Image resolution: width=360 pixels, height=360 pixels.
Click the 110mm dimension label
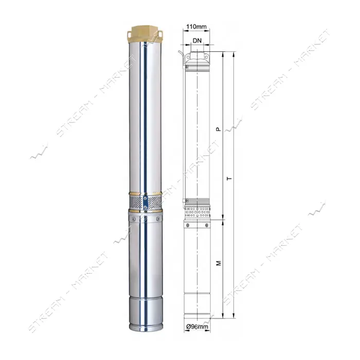coord(196,27)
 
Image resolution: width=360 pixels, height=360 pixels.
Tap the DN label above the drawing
coord(197,41)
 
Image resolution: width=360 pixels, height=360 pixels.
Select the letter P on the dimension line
coord(219,130)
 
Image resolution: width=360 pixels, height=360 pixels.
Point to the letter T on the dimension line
coord(229,178)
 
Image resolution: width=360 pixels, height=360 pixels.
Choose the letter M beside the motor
coord(219,263)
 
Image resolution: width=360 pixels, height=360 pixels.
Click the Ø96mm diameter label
coord(197,326)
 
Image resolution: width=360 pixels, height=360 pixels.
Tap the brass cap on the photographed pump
coord(145,34)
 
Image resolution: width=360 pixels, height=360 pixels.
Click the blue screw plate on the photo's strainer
coord(145,203)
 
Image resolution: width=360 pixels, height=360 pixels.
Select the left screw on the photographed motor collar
coord(133,219)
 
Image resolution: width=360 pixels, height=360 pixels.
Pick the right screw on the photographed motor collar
coord(158,219)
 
